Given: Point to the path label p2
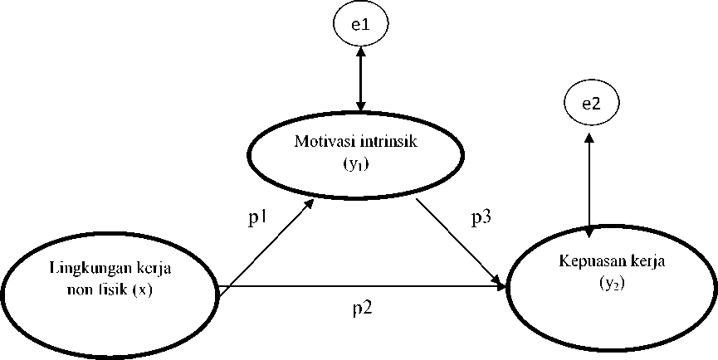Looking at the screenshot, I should point(361,308).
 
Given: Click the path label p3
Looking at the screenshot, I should point(481,219).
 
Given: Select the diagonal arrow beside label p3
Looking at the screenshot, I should point(462,241).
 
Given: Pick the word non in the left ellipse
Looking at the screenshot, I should point(82,290).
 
